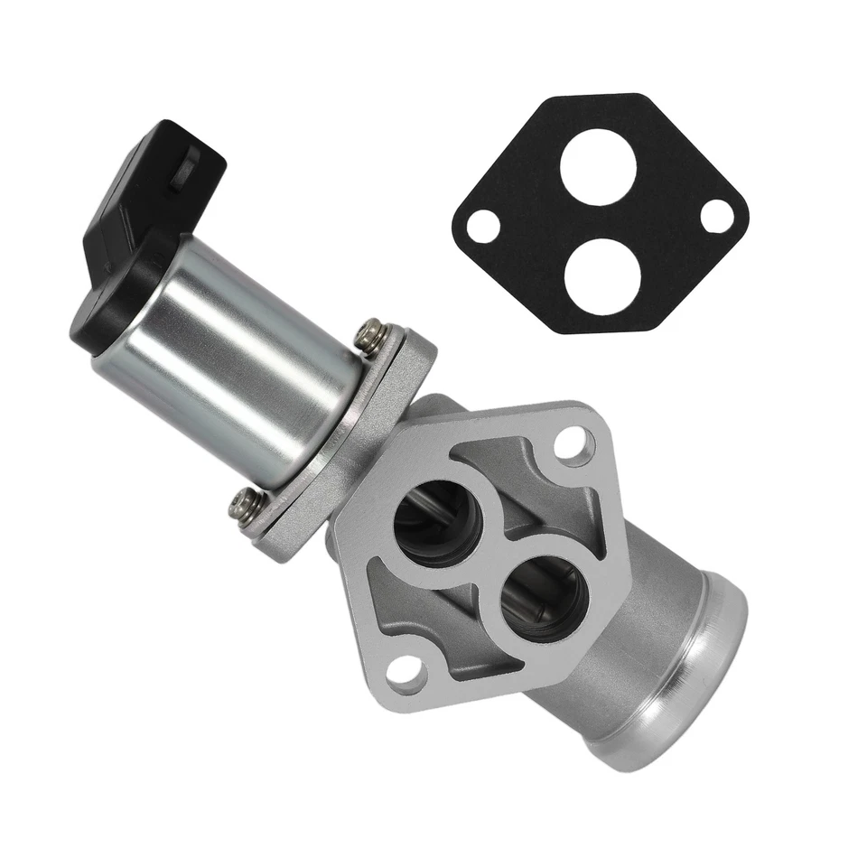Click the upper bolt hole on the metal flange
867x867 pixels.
pos(571,443)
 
